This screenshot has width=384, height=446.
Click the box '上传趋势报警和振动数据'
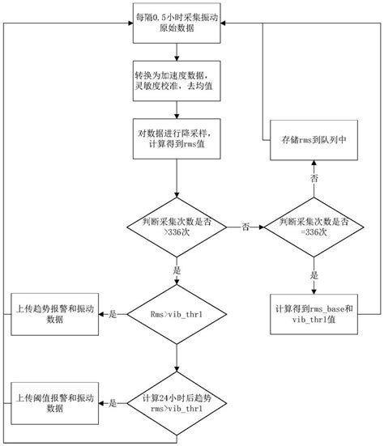[x=52, y=314]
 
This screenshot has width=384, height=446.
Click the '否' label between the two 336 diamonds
[x=244, y=228]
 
